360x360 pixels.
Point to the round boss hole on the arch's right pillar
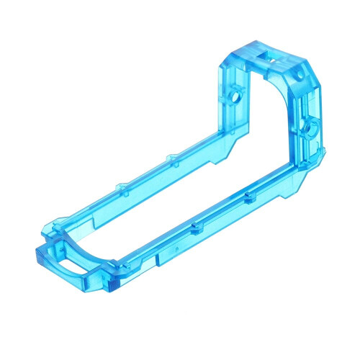click(310, 127)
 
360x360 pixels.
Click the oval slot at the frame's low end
click(68, 264)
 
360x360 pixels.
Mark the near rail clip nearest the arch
click(248, 197)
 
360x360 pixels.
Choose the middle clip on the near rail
click(194, 229)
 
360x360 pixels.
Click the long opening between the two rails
click(173, 194)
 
